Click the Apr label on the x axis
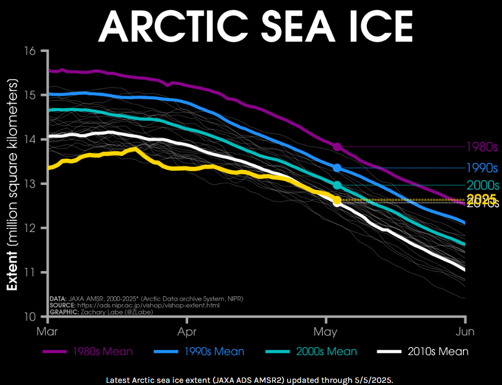coord(187,332)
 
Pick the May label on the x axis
coord(326,332)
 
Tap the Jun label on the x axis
coord(465,332)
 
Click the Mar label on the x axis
coord(48,332)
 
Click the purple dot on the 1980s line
coord(337,147)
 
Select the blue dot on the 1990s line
coord(337,168)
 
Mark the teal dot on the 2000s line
coord(337,186)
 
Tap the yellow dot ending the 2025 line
coord(337,200)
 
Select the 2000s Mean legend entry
coord(311,351)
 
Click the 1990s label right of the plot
coord(482,168)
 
